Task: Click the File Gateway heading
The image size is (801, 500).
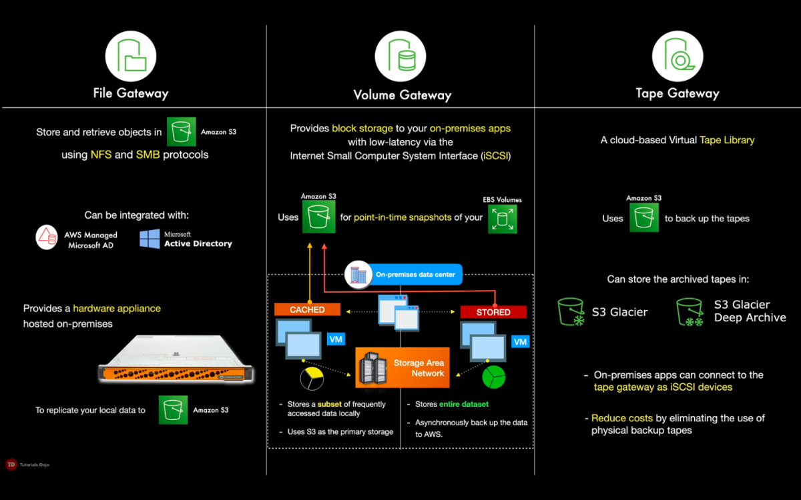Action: click(x=131, y=93)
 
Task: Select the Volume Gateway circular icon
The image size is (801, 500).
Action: click(x=400, y=56)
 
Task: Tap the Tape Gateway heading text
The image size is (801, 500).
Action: click(x=677, y=93)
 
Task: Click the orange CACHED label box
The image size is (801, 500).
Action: click(x=307, y=310)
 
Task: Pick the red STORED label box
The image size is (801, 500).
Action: click(x=493, y=312)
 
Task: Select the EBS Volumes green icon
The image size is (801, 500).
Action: click(x=502, y=219)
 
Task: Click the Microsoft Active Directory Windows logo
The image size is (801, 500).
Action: click(x=150, y=239)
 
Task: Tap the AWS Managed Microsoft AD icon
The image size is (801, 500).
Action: click(x=47, y=238)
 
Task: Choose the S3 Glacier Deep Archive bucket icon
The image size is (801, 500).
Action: click(x=690, y=312)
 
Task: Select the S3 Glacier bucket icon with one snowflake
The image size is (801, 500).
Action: click(x=571, y=312)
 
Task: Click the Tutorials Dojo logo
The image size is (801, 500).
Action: click(x=11, y=465)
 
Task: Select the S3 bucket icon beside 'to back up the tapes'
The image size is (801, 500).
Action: click(x=643, y=218)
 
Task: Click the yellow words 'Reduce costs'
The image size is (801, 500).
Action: click(x=621, y=419)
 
